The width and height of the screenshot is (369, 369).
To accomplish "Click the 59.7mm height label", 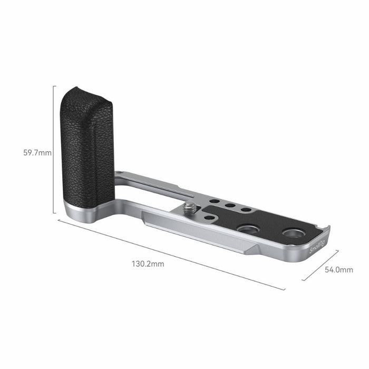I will (37, 153).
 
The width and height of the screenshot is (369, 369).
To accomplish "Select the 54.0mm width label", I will (338, 269).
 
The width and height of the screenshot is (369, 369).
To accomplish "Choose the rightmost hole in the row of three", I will (246, 209).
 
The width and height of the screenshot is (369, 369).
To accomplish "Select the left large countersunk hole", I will (248, 229).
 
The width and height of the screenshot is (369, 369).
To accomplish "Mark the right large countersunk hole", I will (292, 233).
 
